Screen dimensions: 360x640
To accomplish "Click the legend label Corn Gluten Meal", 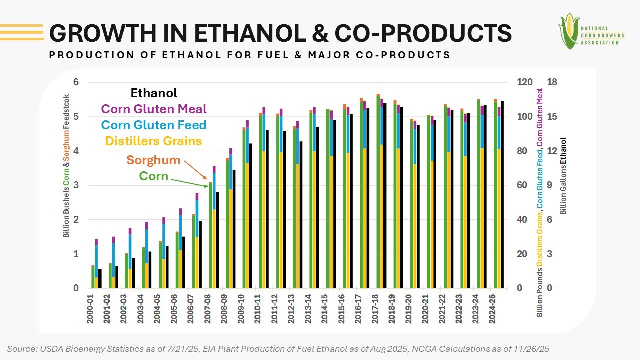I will [154, 109].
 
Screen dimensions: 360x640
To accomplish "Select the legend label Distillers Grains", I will [154, 141].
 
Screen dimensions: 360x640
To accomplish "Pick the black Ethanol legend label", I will [154, 93].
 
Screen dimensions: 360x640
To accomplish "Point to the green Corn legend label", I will [153, 176].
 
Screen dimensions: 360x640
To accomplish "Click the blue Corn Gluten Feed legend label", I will [154, 125].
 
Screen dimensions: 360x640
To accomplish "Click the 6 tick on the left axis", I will [76, 83].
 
